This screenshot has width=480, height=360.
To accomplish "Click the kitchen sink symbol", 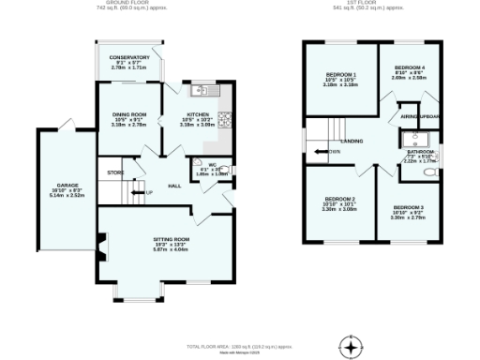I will coord(202,91).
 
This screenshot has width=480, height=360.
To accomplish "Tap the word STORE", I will coord(115,172).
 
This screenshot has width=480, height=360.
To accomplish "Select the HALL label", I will coord(174,186).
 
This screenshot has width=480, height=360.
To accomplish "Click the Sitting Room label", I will coord(172,240).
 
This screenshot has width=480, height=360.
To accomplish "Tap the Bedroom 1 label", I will coord(340,74).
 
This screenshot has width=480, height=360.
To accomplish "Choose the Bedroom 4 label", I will coord(410,68).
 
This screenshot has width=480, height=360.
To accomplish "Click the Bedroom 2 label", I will coord(339,199).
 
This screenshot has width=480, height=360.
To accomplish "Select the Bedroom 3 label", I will coord(408,207).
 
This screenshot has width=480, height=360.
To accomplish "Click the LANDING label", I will coord(352,141).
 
